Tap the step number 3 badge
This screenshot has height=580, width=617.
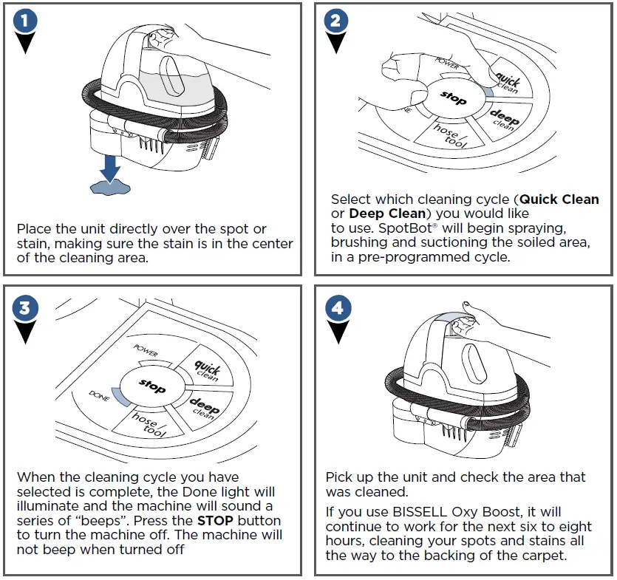(26, 309)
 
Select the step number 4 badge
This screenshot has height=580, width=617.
(337, 309)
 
